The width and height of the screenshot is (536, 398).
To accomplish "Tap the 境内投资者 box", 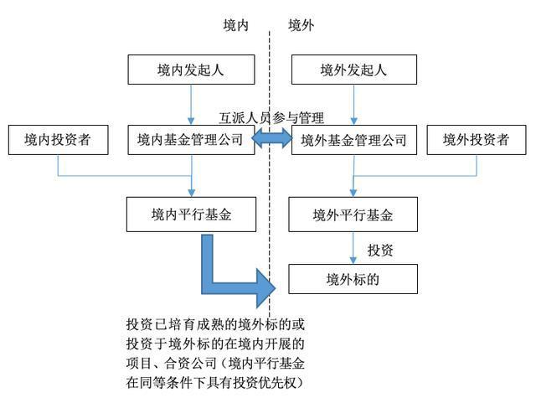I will (58, 140).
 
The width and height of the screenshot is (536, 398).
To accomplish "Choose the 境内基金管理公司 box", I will (190, 140).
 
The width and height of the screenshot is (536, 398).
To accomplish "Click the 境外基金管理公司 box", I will (353, 140).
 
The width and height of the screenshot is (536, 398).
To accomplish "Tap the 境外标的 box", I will (353, 278).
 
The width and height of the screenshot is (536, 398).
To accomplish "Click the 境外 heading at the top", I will (301, 25).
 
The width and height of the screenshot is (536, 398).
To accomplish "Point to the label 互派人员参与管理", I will (271, 118).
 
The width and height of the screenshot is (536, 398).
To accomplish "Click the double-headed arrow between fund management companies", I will (272, 140).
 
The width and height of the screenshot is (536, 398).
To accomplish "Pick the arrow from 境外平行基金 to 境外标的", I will (353, 247).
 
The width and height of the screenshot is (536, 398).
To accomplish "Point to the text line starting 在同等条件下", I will (214, 383).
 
